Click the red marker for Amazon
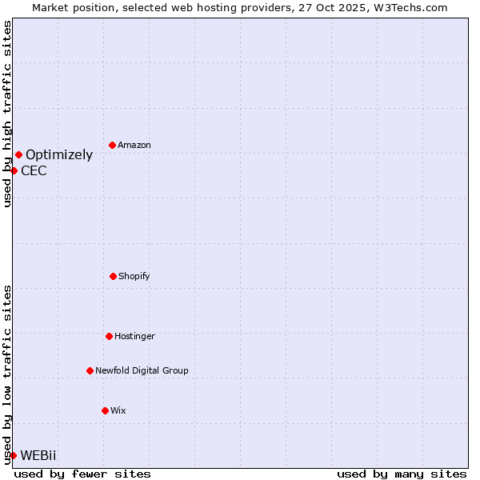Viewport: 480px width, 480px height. tap(112, 145)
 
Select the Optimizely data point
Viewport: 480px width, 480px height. tap(18, 154)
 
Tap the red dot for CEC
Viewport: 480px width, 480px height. tap(14, 170)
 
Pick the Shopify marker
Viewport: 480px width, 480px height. tap(113, 276)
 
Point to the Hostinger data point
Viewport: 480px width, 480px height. tap(109, 336)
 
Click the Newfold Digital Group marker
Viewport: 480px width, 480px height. tap(90, 370)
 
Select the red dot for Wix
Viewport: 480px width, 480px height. tap(105, 410)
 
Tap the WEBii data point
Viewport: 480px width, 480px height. tap(13, 455)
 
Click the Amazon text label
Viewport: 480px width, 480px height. tap(134, 145)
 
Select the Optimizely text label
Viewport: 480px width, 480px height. tap(59, 155)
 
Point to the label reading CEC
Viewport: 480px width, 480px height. tap(34, 170)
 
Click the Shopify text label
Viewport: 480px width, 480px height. tap(134, 276)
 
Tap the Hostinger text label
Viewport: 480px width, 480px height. tap(134, 336)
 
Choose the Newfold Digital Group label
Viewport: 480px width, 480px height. tap(142, 370)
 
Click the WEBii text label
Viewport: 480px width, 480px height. tap(38, 455)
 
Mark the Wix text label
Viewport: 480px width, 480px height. tap(118, 410)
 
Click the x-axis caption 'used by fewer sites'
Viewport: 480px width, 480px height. tap(82, 474)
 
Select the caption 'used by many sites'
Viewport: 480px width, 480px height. tap(402, 474)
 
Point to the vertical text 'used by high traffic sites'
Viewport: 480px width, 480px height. tap(7, 114)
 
